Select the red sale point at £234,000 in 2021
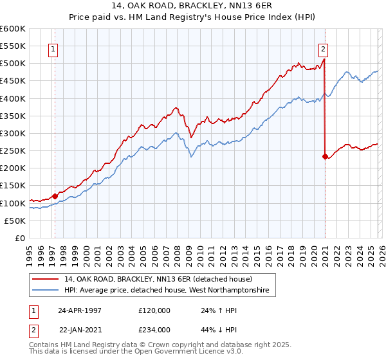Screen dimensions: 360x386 pos(325,156)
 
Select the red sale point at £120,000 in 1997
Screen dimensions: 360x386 pos(55,196)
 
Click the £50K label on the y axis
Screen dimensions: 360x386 pos(16,221)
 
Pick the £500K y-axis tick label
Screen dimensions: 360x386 pos(14,64)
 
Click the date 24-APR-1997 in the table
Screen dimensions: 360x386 pos(79,310)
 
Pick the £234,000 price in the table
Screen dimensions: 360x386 pos(154,329)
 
